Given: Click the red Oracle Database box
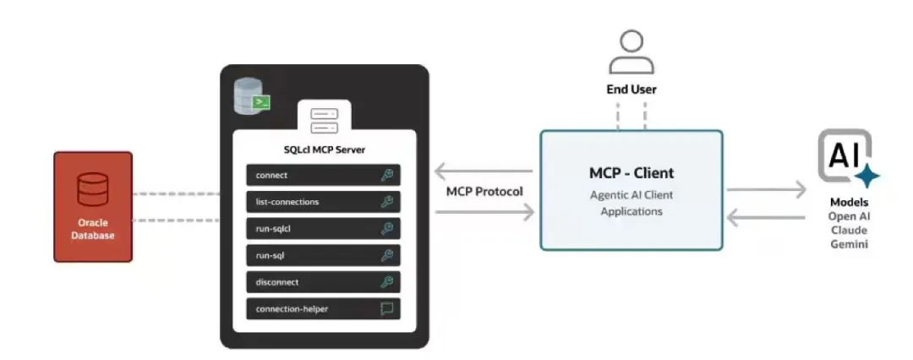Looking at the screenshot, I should [x=93, y=206].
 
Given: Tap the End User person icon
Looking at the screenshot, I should [x=631, y=52].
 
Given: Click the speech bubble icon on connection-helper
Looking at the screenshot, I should [x=387, y=309].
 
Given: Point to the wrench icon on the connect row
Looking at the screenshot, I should [x=387, y=175].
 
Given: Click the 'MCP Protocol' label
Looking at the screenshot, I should [x=484, y=191].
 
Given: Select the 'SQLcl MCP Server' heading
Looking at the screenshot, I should [x=323, y=150].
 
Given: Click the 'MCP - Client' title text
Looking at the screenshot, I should [x=631, y=173].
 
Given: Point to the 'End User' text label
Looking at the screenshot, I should [x=631, y=89].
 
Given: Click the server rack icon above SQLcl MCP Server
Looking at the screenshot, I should [x=323, y=120].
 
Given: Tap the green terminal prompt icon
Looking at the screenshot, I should [x=263, y=102].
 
